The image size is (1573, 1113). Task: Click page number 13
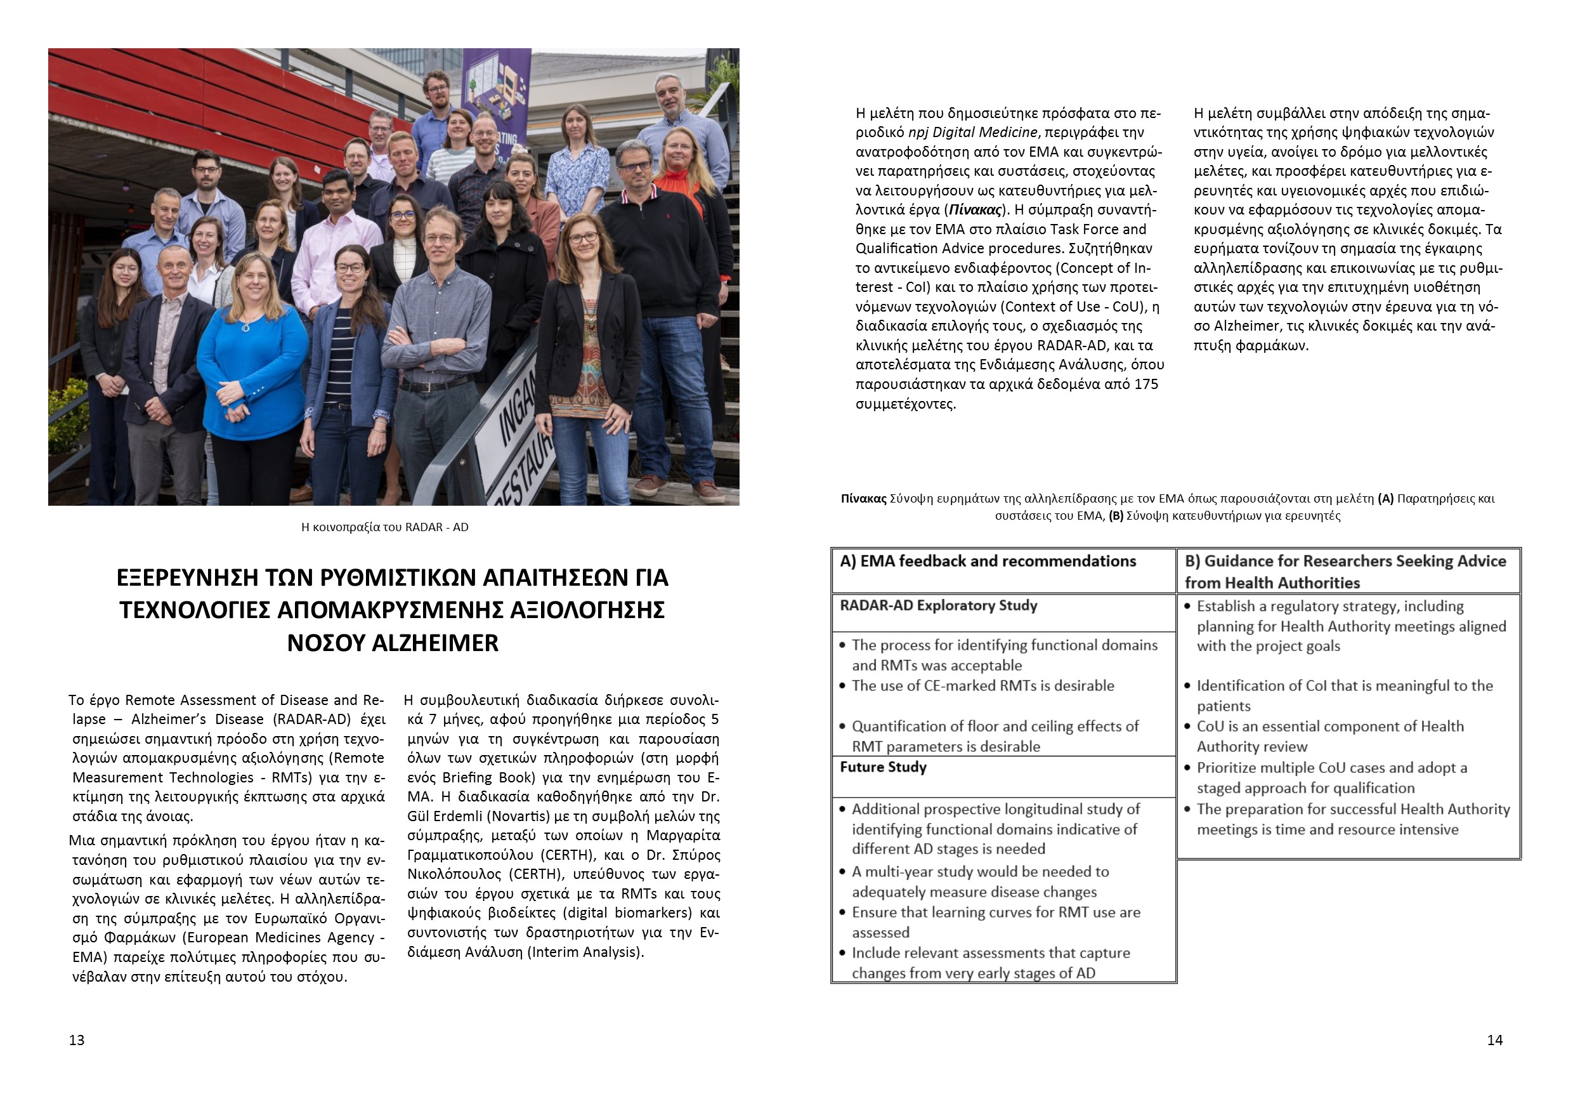77,1041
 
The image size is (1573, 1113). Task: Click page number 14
1495,1041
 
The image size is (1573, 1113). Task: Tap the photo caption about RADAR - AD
384,527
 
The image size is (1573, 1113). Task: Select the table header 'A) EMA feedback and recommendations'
987,562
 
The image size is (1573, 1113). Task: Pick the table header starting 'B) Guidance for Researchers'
1345,572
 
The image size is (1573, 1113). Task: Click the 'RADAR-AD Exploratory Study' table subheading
938,606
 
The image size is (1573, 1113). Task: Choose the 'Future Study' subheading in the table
882,768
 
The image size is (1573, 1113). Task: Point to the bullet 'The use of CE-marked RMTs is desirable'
982,686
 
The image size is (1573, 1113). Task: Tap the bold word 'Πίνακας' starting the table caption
863,499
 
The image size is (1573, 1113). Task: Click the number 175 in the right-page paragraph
1145,385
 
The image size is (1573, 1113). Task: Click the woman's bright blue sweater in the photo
254,363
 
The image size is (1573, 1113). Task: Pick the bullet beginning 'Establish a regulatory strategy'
1350,626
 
